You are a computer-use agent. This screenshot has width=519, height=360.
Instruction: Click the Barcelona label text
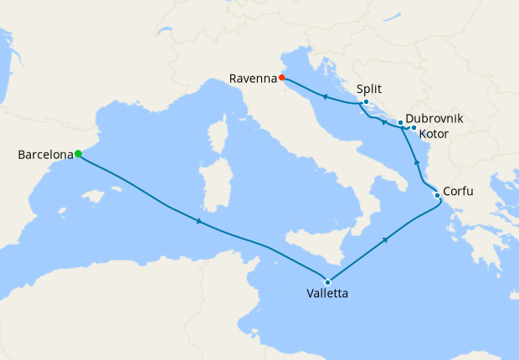pos(45,155)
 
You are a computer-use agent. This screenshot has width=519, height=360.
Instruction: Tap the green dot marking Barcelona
pos(78,153)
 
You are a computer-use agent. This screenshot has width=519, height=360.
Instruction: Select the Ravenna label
pos(253,79)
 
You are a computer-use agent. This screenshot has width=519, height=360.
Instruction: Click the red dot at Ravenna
pos(282,78)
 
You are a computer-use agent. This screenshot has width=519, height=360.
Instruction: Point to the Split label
pos(370,88)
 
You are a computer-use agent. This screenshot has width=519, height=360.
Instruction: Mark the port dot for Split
pos(366,102)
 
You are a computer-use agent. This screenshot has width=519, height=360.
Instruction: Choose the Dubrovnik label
pos(434,120)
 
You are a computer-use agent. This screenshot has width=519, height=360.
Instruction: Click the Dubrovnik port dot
pos(400,123)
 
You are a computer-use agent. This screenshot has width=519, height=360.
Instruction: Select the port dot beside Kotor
pos(414,128)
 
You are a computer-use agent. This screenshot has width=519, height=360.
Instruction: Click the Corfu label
pos(458,192)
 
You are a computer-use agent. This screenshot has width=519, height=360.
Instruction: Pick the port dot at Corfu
pos(437,196)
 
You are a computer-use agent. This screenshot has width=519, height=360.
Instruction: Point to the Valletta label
pos(328,295)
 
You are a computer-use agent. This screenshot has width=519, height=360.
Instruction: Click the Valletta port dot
pos(327,282)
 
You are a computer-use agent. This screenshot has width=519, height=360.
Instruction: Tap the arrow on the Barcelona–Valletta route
pos(198,222)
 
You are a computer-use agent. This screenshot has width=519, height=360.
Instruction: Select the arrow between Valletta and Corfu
pos(386,239)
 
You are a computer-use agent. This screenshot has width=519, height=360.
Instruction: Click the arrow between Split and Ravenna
pos(324,96)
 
